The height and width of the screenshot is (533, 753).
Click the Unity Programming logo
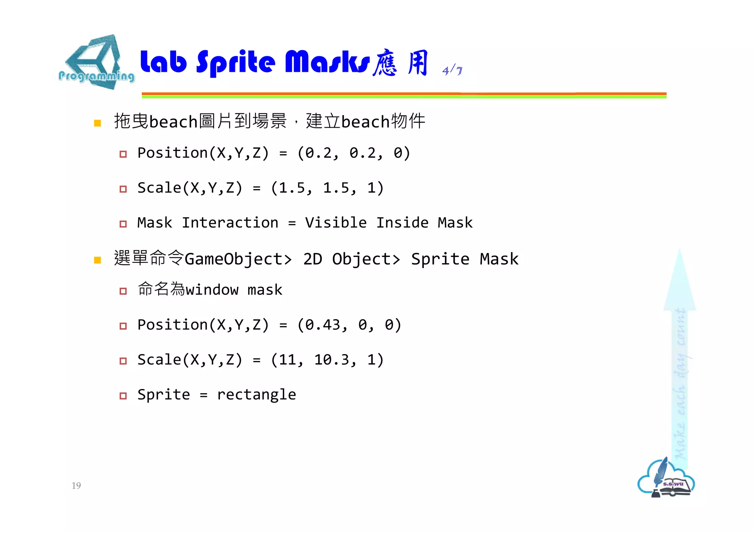(96, 63)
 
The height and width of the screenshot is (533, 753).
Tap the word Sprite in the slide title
(236, 63)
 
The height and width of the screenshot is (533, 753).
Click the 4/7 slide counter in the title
(452, 70)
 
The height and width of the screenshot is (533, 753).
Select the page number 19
(76, 486)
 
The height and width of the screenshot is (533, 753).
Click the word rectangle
(256, 395)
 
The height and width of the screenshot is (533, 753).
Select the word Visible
(336, 223)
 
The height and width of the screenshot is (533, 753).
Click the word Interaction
(230, 223)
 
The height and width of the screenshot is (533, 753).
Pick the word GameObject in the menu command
(234, 259)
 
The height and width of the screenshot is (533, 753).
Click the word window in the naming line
(212, 290)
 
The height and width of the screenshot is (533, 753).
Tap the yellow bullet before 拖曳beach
(97, 123)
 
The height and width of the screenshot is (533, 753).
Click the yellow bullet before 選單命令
(97, 260)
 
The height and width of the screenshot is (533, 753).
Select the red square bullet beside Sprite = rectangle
(123, 396)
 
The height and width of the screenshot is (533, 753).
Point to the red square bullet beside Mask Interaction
(123, 224)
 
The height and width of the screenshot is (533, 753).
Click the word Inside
(402, 223)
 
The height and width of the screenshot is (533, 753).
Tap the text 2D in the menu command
(313, 259)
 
